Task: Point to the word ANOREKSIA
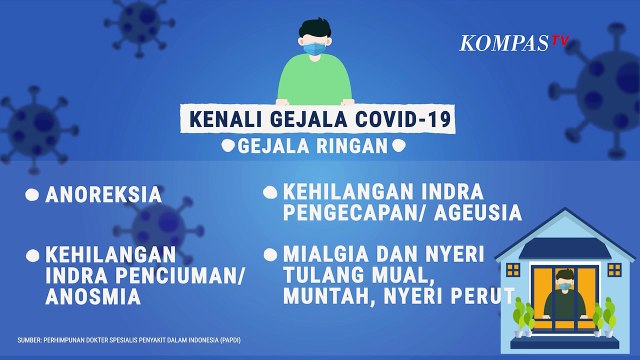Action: tap(103, 195)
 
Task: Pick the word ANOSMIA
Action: tap(91, 297)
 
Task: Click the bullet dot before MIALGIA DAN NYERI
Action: tap(270, 255)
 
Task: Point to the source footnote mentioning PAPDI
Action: tap(128, 339)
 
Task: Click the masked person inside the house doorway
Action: tap(566, 296)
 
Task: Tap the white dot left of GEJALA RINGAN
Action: tap(228, 146)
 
